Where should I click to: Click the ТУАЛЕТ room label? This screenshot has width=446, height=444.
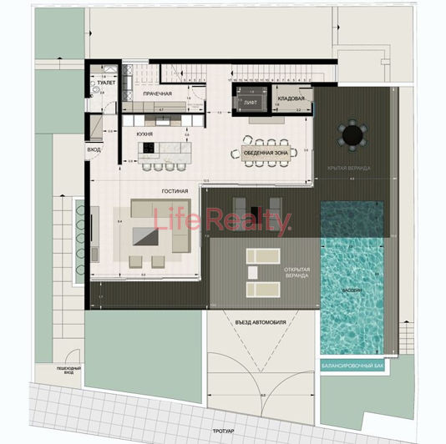coord(106,83)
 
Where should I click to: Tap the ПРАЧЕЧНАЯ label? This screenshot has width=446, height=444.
coord(157,93)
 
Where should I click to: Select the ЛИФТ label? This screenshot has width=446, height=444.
coord(250,103)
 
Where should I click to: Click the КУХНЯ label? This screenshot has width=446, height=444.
coord(144,133)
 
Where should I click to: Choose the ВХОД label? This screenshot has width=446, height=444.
coord(94,150)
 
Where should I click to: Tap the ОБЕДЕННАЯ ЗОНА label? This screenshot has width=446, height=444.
coord(266,154)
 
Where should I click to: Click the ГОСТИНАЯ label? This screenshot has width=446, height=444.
coord(175,191)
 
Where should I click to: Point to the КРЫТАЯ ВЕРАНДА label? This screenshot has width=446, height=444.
coord(348,169)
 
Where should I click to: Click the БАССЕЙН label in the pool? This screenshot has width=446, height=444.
coord(351,290)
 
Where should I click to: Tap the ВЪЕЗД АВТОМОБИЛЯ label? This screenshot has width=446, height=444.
coord(261,322)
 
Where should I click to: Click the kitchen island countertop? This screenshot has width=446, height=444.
coord(165,150)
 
